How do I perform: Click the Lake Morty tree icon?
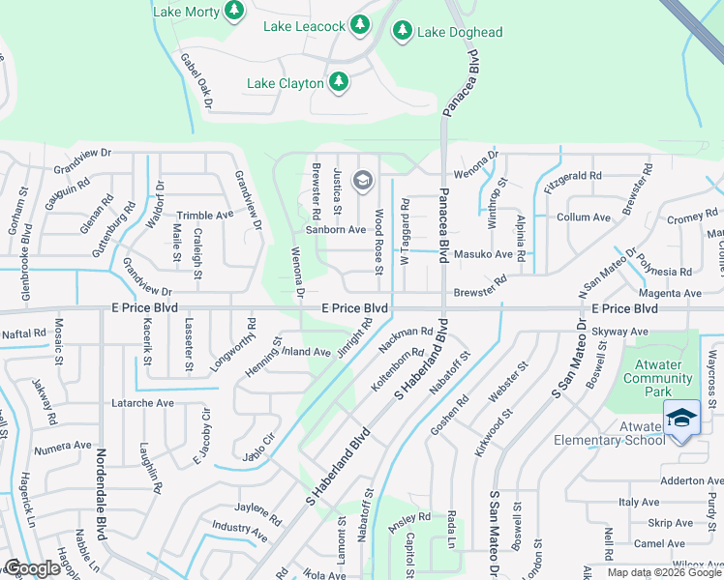point(233,11)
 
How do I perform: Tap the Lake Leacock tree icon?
point(359,23)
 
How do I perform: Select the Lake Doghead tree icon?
point(402,31)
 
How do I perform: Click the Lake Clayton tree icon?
point(339,82)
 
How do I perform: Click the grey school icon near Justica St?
point(363,179)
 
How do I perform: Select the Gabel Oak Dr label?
point(196,80)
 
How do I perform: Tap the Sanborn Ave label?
point(336,230)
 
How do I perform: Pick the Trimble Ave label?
point(204,216)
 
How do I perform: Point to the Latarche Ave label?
point(142,402)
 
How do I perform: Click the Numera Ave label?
point(63,447)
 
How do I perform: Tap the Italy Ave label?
point(639,502)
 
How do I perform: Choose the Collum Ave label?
point(584,217)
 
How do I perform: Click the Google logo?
point(33,568)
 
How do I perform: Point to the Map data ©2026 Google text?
point(663,572)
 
